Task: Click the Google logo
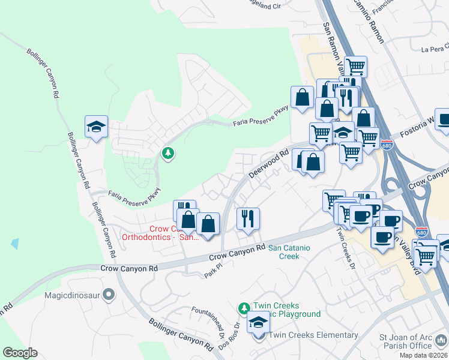tap(20, 353)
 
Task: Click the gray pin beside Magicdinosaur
tap(109, 295)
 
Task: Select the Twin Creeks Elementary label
tap(313, 335)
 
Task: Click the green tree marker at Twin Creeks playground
tap(243, 308)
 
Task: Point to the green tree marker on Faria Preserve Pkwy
tap(169, 154)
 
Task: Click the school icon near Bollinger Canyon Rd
tap(96, 127)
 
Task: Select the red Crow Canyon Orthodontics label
tap(160, 233)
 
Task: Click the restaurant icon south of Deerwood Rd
tap(247, 218)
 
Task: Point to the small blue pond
tap(14, 244)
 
